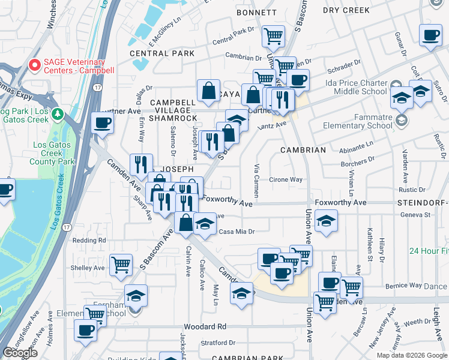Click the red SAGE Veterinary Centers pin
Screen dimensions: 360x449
35,65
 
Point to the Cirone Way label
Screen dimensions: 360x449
285,179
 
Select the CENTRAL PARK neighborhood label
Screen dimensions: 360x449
162,53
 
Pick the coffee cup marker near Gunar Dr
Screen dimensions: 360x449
430,36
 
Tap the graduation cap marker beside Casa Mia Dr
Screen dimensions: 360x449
205,226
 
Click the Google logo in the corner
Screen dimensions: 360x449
20,353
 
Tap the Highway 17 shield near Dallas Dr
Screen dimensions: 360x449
97,87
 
